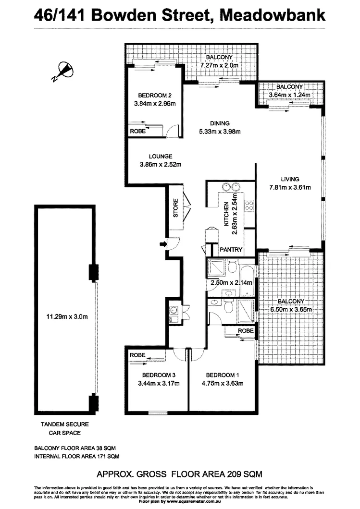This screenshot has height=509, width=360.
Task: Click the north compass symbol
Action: click(64, 71)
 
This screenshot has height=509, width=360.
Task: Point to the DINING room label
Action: click(219, 123)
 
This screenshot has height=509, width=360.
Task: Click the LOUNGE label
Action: click(160, 156)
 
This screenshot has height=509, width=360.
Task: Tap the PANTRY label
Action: click(231, 250)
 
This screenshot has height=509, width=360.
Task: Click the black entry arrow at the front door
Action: click(163, 245)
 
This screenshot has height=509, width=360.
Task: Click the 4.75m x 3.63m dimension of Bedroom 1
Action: click(224, 383)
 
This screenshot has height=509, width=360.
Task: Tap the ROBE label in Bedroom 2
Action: click(138, 131)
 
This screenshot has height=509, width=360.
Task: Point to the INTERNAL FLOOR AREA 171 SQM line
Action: click(77, 456)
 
